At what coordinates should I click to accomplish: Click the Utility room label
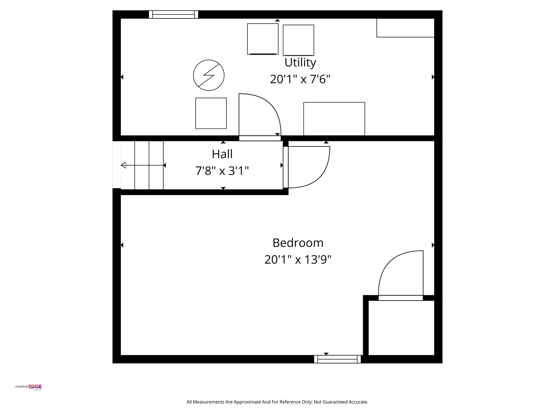(x=300, y=63)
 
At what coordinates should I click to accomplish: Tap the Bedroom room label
(x=298, y=243)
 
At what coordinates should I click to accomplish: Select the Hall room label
(x=222, y=154)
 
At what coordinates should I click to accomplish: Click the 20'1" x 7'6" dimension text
(x=300, y=79)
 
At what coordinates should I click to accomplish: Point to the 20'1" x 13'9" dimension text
(x=298, y=260)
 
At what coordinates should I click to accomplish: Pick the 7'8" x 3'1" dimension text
(x=222, y=171)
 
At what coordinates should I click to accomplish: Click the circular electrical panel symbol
(x=209, y=75)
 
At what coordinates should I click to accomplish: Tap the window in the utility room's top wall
(x=173, y=14)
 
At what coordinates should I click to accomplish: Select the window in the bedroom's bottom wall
(x=337, y=359)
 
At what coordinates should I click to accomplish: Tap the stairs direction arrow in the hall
(x=142, y=165)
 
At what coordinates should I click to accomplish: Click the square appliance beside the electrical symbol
(x=211, y=113)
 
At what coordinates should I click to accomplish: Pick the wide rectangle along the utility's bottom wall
(x=334, y=119)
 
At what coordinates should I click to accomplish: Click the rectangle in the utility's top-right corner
(x=405, y=28)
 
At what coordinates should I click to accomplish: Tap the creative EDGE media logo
(x=28, y=387)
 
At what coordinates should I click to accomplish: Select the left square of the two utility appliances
(x=263, y=39)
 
